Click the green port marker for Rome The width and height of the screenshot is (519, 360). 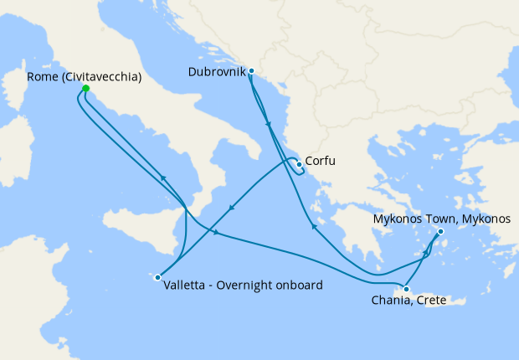click(x=85, y=88)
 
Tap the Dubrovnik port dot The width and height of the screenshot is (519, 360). click(x=251, y=72)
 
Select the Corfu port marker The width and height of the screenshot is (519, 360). click(x=299, y=164)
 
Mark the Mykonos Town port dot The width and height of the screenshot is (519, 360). click(x=440, y=232)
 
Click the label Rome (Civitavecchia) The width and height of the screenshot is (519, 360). click(x=84, y=77)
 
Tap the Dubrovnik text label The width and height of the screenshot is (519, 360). click(x=214, y=72)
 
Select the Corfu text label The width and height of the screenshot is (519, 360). click(x=321, y=161)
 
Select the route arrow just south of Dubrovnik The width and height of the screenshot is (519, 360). click(x=268, y=125)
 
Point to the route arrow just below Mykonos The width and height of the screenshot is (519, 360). click(x=427, y=251)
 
